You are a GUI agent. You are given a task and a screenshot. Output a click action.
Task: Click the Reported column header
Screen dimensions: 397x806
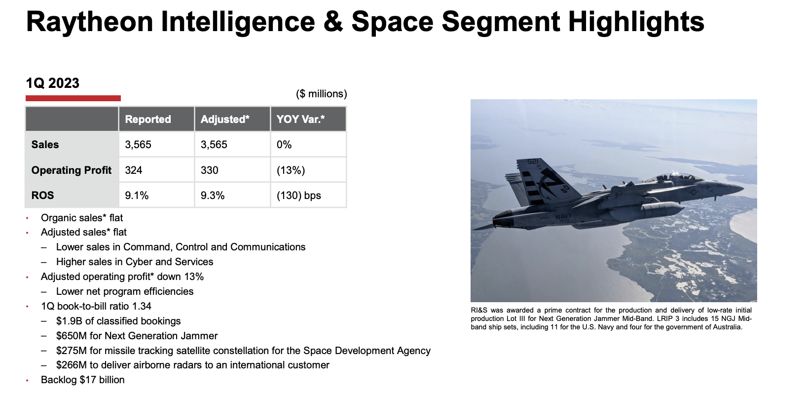[x=147, y=119]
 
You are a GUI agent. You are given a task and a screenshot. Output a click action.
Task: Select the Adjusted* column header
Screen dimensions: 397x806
[x=225, y=119]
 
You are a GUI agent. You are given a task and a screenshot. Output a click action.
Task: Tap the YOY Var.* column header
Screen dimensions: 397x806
[x=300, y=119]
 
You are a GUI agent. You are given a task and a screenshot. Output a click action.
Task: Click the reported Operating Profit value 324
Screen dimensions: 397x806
[x=134, y=170]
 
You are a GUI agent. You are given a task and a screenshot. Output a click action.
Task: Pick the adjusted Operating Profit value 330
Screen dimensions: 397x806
[x=209, y=170]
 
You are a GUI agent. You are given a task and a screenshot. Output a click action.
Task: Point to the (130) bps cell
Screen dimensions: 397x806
[x=298, y=196]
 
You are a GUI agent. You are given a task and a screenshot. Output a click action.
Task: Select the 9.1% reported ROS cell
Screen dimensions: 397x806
[x=137, y=196]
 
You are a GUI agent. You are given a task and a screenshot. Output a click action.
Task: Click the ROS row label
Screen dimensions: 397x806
[x=42, y=196]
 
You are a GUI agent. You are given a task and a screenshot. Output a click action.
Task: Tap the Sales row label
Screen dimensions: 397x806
[x=45, y=145]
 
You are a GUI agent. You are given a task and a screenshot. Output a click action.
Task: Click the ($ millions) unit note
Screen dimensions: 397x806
[x=321, y=94]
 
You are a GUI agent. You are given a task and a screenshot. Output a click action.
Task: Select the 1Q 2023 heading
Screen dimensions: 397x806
[x=52, y=83]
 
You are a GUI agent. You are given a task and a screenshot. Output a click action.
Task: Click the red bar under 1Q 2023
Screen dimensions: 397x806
[x=73, y=98]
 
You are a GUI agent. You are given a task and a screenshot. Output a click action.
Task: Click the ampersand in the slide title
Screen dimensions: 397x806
[x=333, y=22]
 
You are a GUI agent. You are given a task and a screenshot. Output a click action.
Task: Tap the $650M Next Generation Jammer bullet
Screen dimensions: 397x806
[x=137, y=336]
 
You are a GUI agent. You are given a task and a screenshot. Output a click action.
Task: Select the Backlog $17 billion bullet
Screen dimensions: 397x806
[x=82, y=380]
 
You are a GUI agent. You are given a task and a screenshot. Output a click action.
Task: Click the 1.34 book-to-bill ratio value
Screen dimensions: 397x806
[x=142, y=306]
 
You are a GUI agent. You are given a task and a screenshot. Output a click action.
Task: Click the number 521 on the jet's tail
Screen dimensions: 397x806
[x=533, y=162]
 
